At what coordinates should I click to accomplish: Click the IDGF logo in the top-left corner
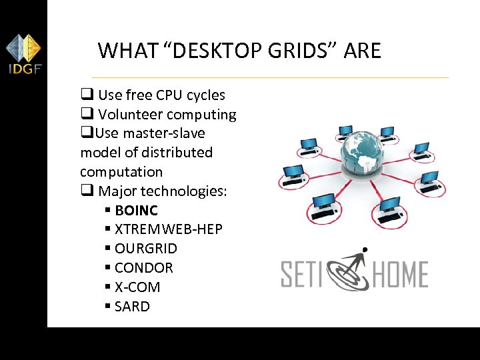tap(24, 55)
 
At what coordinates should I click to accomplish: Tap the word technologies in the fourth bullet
tap(188, 191)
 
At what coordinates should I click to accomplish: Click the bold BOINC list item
tap(136, 211)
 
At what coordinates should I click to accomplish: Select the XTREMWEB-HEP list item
tap(168, 229)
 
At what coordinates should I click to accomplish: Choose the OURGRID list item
tap(145, 249)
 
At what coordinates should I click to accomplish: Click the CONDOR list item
tap(143, 268)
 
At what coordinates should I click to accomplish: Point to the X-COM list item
tap(137, 287)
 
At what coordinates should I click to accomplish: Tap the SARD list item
tap(132, 307)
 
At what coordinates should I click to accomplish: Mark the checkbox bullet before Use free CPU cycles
tap(87, 95)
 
